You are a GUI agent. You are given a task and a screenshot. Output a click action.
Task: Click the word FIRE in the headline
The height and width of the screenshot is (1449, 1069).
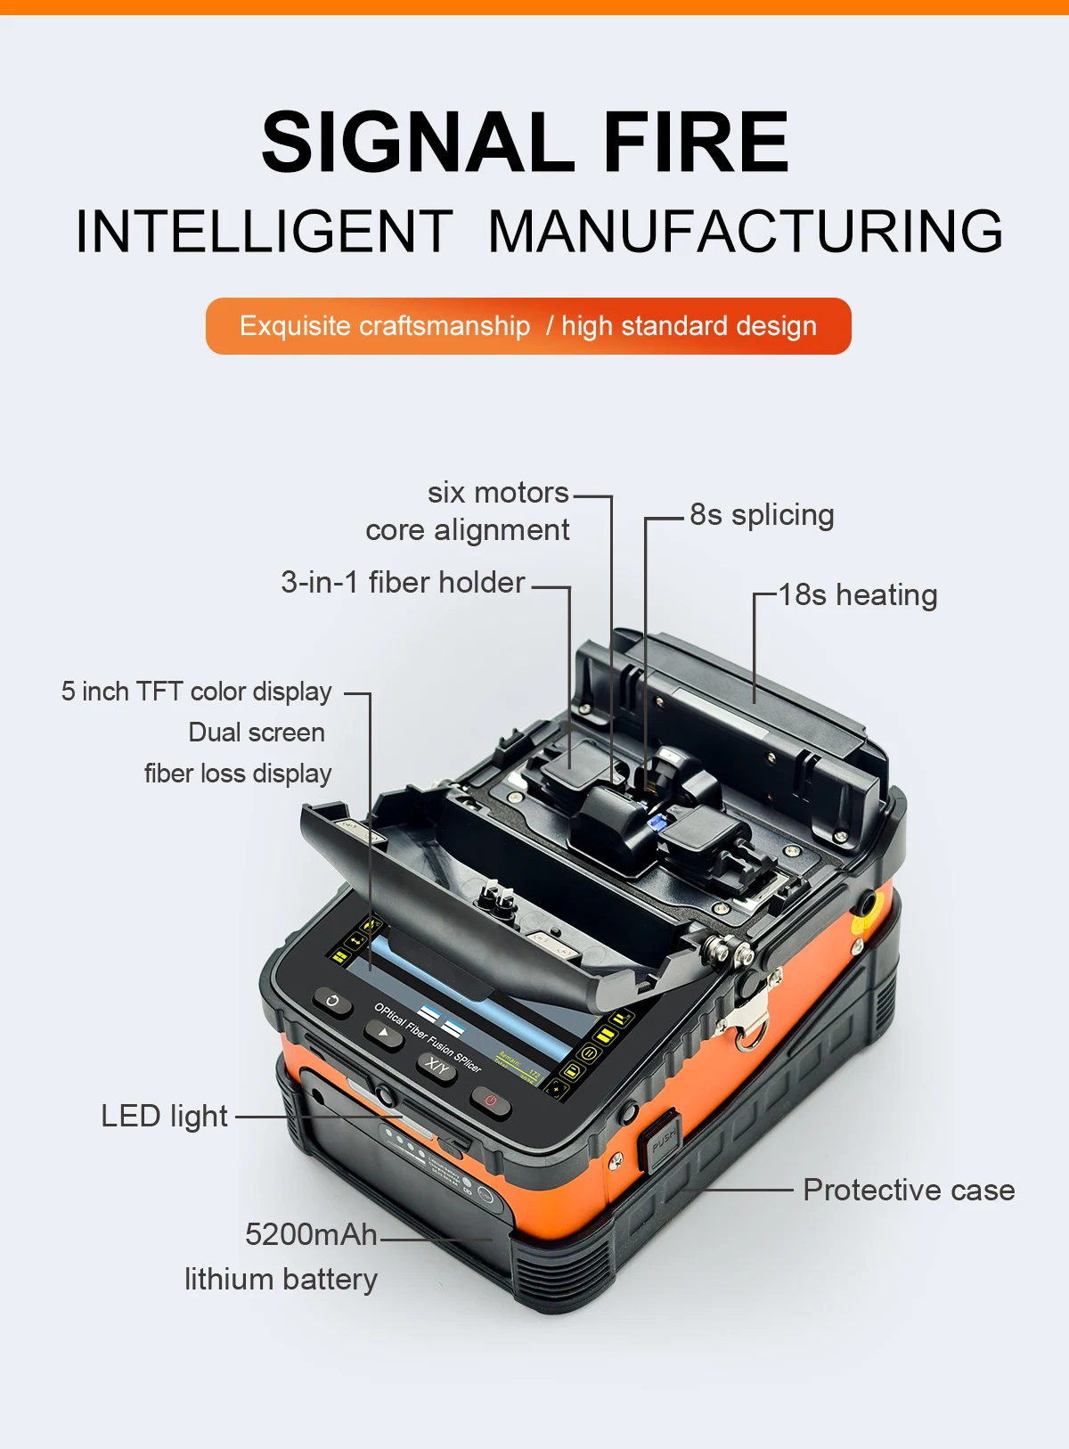(x=696, y=143)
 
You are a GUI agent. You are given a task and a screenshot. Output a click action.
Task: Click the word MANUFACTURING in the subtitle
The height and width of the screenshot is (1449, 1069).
(x=745, y=232)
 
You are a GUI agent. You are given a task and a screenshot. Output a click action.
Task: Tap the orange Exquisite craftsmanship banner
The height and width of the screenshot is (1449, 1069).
(x=528, y=326)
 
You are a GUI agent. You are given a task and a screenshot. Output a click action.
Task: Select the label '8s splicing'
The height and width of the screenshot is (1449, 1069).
(x=762, y=515)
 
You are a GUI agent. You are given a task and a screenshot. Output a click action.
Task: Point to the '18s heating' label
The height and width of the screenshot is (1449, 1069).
(x=857, y=595)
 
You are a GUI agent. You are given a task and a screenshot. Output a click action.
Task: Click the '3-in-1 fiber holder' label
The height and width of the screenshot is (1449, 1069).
(x=403, y=583)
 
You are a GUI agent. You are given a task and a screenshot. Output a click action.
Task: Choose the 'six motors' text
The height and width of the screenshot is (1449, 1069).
(x=497, y=493)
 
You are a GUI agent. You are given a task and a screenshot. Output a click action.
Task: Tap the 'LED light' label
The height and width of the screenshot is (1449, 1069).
(x=164, y=1117)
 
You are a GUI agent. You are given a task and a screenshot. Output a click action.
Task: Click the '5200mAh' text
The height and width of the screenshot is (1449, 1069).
(x=311, y=1235)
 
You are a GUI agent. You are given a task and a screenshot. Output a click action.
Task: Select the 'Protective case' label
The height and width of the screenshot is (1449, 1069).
(x=908, y=1191)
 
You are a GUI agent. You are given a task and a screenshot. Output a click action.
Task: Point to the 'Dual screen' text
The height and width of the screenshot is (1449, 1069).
(x=257, y=733)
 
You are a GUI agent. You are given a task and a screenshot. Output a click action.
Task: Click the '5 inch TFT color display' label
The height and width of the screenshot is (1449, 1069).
(x=196, y=692)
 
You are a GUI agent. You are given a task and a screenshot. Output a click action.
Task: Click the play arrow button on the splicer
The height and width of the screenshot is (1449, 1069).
(x=384, y=1033)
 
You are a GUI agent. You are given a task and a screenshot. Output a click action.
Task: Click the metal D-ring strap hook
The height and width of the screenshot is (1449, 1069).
(x=749, y=1025)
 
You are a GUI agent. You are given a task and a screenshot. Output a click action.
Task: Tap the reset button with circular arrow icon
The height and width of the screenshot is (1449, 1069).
(x=333, y=1002)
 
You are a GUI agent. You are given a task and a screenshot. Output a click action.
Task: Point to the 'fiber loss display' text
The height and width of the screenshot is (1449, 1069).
(x=238, y=774)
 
